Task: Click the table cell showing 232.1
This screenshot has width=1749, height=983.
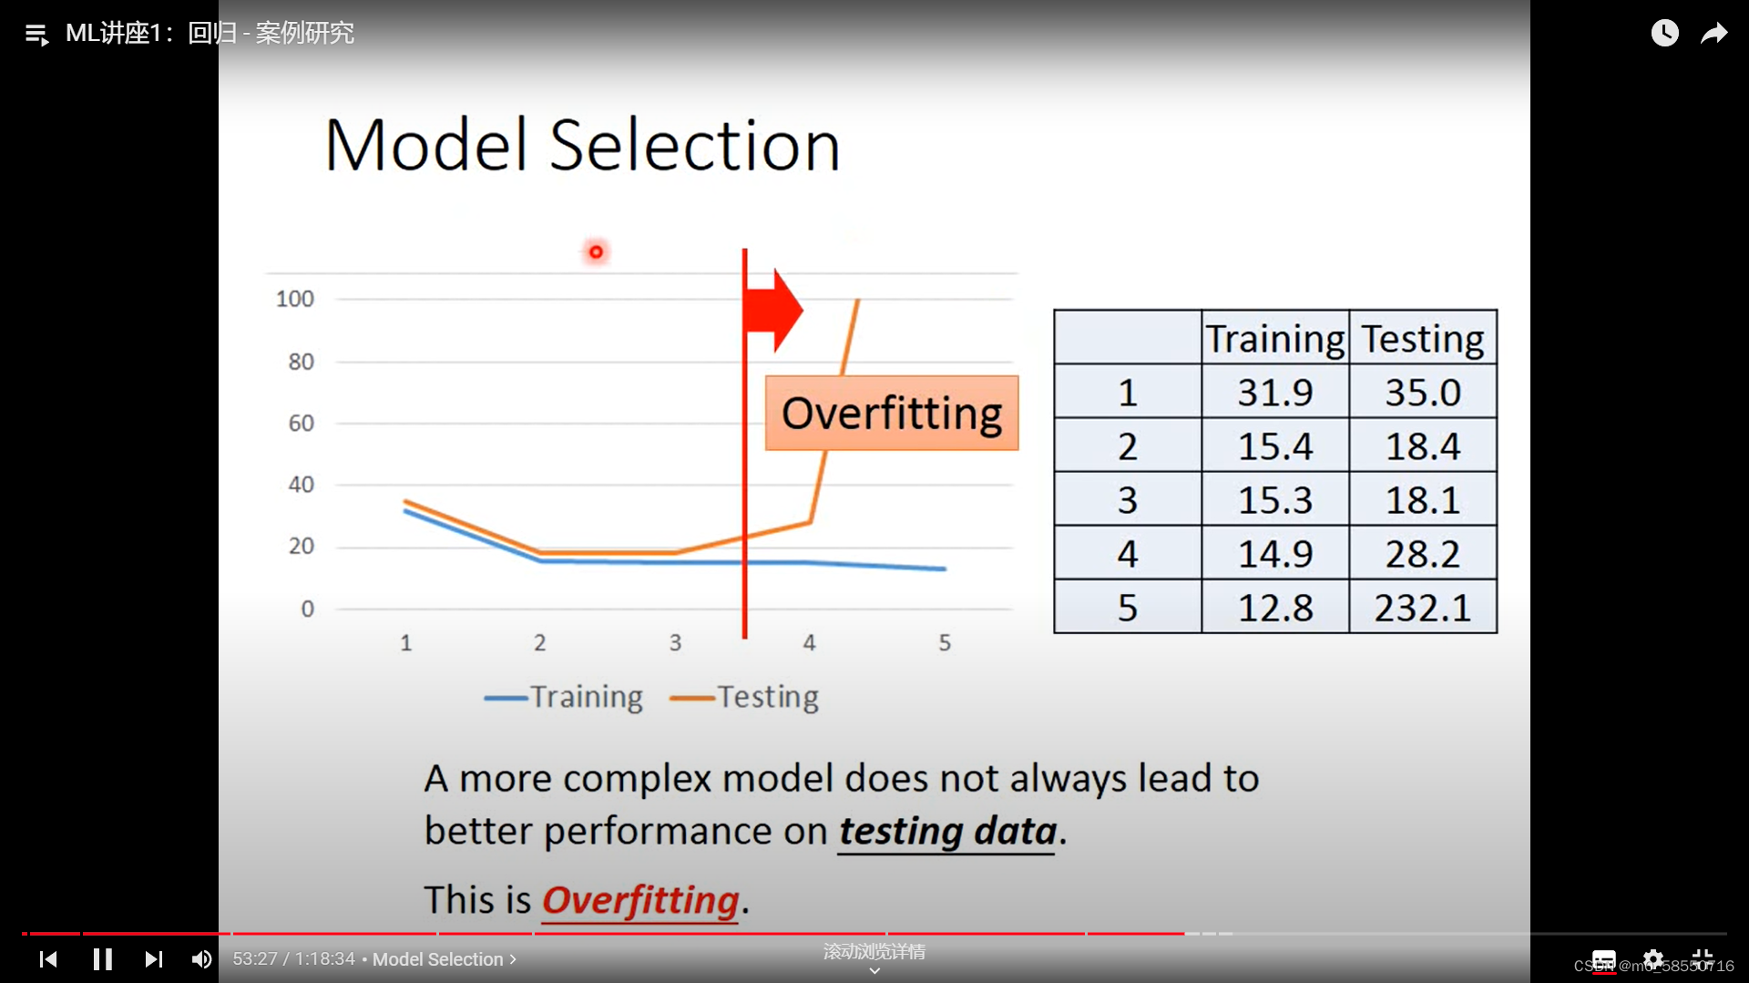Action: [1423, 608]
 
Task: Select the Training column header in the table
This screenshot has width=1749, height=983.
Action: [1275, 338]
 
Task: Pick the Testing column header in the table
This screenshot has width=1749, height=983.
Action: [1423, 338]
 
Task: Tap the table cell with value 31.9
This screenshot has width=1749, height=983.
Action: [1275, 393]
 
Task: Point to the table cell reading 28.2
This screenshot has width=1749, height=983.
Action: [1423, 554]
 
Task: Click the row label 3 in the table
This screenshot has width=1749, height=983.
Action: [1128, 500]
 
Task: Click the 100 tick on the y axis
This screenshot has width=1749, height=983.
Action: [295, 299]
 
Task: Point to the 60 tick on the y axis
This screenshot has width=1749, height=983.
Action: [301, 423]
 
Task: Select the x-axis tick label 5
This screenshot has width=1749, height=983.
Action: [945, 642]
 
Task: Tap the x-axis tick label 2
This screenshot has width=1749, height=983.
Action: [540, 642]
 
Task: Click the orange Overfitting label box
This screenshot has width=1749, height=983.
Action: [892, 413]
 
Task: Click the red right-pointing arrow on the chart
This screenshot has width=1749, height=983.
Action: [773, 310]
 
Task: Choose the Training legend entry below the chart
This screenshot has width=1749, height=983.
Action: [564, 697]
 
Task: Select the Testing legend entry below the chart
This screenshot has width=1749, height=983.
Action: [744, 697]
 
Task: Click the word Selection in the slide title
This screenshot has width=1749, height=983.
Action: [695, 145]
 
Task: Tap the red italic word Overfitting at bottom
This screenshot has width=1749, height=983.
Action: [640, 900]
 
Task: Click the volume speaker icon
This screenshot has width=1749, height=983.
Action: [201, 959]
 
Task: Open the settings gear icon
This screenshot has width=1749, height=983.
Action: [1653, 959]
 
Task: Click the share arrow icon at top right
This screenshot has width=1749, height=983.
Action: [1714, 34]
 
